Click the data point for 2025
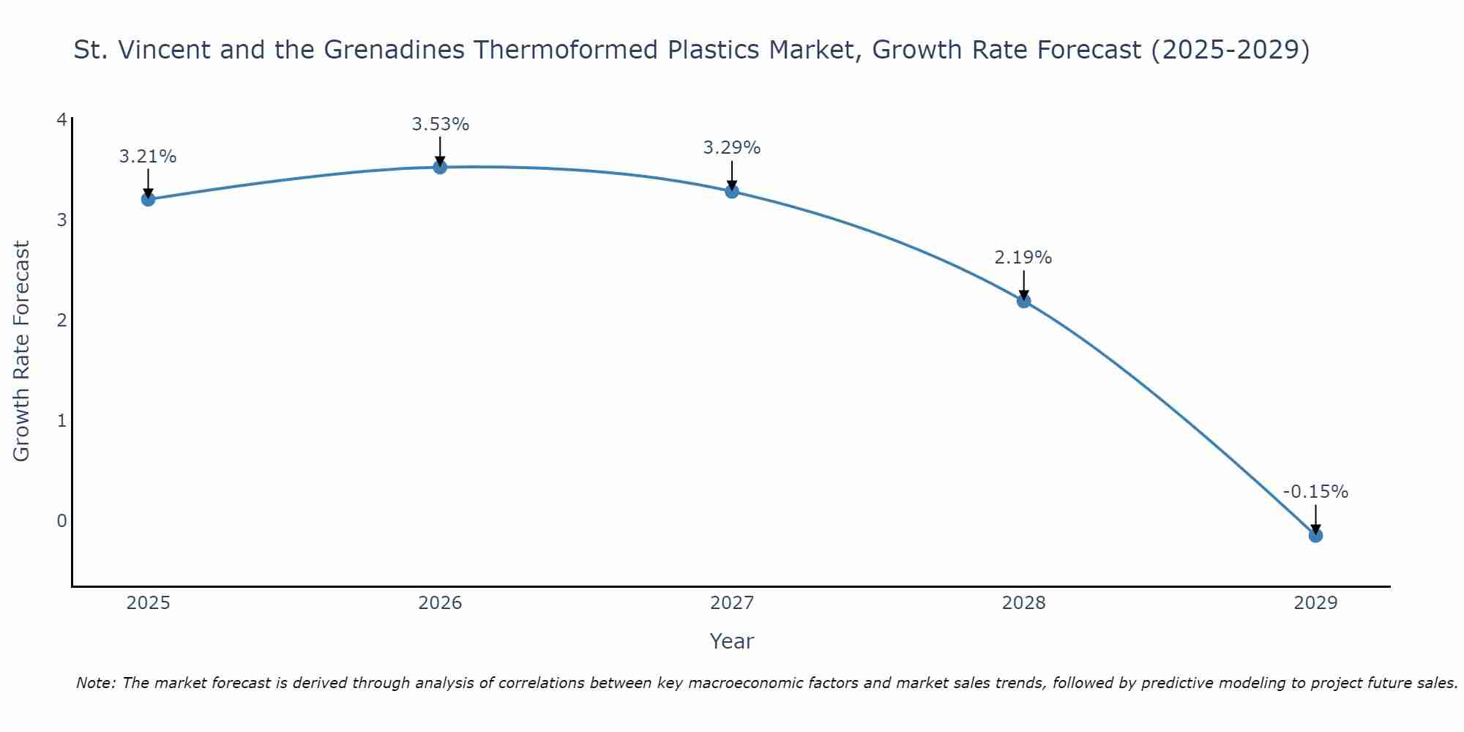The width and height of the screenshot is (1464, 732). (148, 199)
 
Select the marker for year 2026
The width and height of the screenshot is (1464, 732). (440, 167)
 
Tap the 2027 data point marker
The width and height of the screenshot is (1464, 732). (732, 191)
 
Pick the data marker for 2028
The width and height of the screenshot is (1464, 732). (1023, 301)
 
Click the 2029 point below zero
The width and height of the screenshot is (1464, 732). (1315, 536)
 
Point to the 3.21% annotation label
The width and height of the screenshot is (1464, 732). (148, 157)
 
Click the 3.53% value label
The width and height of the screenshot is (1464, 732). (440, 124)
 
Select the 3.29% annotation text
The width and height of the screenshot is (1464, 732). (732, 148)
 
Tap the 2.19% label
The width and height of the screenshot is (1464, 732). (1023, 258)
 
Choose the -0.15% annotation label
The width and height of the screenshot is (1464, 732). (1315, 492)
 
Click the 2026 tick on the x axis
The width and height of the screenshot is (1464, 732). (440, 603)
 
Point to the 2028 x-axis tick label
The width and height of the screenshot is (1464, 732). (1023, 603)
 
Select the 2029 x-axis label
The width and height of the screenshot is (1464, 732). (1315, 603)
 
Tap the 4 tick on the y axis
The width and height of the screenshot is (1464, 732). (61, 119)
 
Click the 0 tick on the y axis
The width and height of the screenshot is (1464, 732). (61, 520)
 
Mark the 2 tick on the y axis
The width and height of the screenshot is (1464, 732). (61, 320)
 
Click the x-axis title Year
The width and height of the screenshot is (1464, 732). (731, 641)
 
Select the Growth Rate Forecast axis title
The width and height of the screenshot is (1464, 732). (22, 351)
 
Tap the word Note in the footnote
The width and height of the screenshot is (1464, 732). (95, 683)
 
